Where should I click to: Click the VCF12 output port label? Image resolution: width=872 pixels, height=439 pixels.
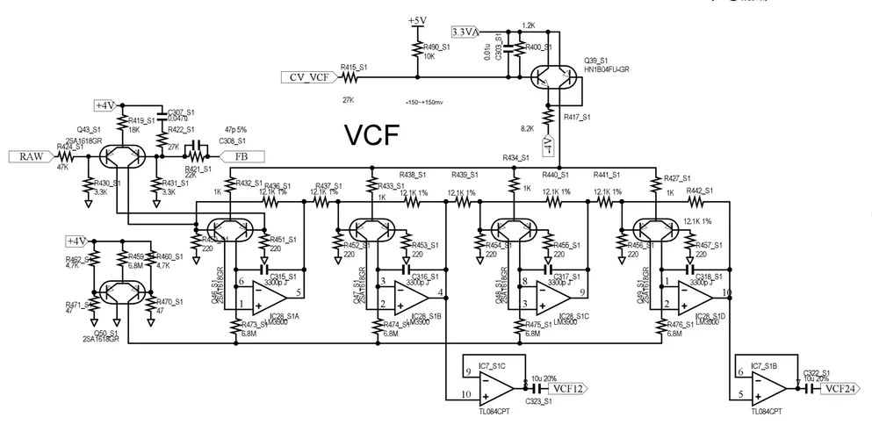click(566, 386)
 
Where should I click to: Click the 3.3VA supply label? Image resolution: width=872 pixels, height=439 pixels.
click(465, 32)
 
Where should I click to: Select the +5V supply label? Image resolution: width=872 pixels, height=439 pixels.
click(417, 19)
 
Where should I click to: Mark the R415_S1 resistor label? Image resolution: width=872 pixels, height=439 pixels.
click(355, 67)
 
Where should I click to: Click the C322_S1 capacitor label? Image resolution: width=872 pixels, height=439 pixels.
click(818, 373)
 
